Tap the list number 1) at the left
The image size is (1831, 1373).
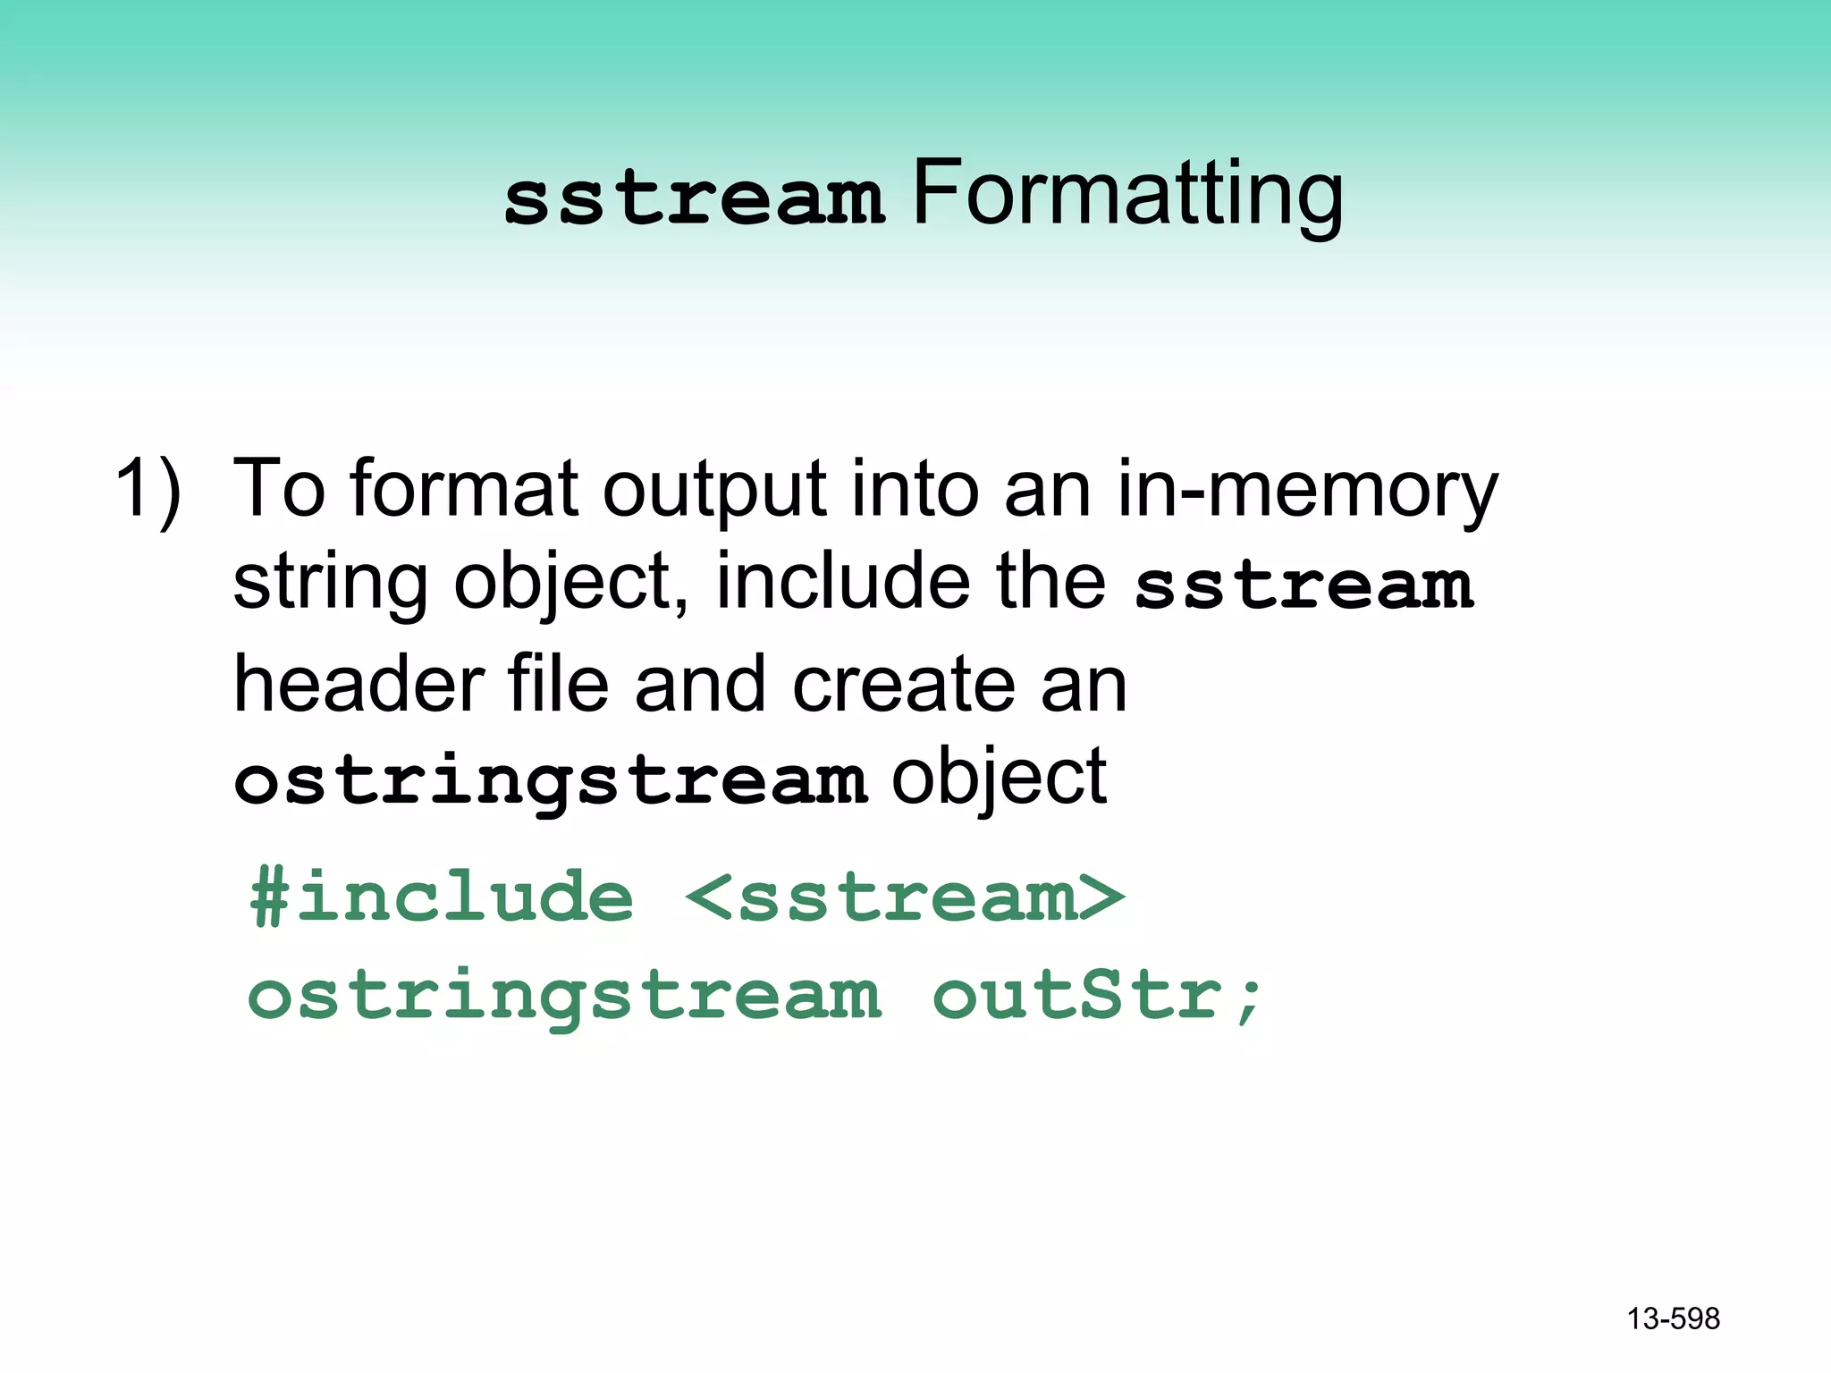pyautogui.click(x=148, y=490)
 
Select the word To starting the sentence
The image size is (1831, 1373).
pyautogui.click(x=278, y=490)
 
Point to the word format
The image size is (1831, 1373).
pyautogui.click(x=464, y=490)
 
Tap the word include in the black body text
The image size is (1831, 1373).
pyautogui.click(x=842, y=582)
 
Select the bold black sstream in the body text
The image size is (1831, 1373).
pyautogui.click(x=1304, y=587)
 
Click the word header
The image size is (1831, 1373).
pyautogui.click(x=358, y=684)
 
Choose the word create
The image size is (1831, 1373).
pyautogui.click(x=903, y=686)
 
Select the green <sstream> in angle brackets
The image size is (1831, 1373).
pyautogui.click(x=905, y=897)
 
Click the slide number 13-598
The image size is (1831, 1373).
pyautogui.click(x=1673, y=1318)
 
